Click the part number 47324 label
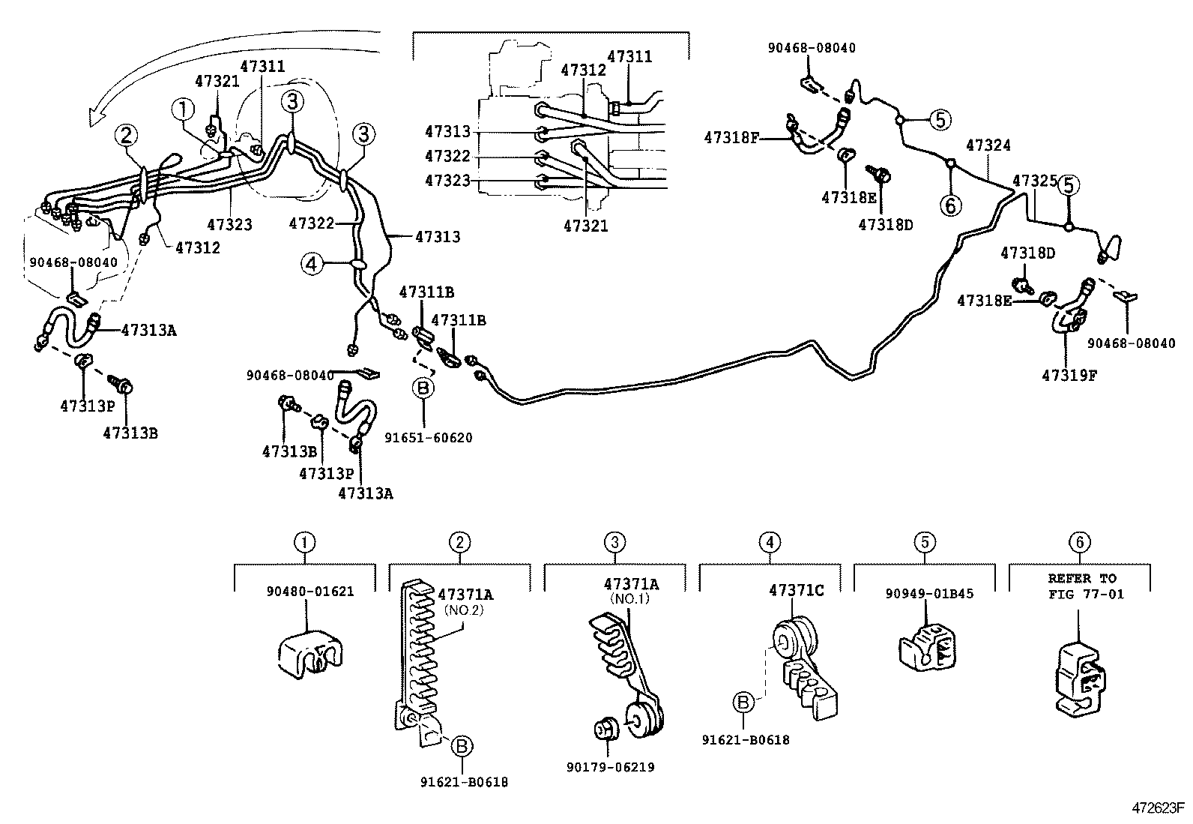[988, 145]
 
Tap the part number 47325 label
[1034, 181]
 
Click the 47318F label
[731, 137]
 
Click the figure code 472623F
[1158, 808]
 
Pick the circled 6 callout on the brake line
[950, 205]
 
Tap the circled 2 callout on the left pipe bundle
[127, 136]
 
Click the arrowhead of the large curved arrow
[95, 117]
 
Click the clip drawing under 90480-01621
[308, 654]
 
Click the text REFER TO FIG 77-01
[1081, 586]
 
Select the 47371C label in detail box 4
[795, 591]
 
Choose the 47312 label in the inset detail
[583, 70]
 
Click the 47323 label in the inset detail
[447, 181]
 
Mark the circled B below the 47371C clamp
[742, 703]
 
